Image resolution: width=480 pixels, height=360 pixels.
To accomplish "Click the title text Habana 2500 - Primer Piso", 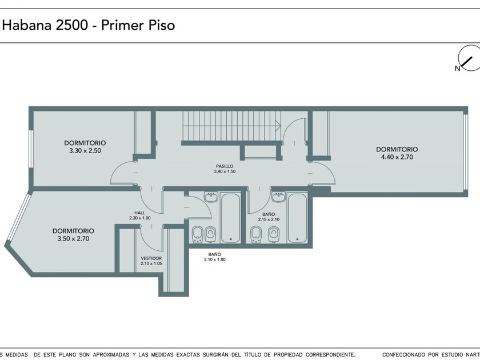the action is [89, 25].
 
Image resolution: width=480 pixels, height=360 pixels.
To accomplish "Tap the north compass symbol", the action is [469, 58].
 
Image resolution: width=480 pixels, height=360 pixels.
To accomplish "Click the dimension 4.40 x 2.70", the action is [397, 157].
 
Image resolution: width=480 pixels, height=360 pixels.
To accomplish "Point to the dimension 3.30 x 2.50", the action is [85, 151].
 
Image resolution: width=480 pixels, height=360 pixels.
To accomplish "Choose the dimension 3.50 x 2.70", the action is [74, 239].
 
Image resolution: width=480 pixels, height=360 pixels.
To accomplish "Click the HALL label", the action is [140, 213].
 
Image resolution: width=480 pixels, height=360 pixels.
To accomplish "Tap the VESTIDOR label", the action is [151, 258].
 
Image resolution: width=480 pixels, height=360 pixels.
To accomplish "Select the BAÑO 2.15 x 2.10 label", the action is [269, 217].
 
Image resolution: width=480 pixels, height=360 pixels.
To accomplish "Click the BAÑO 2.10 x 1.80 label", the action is [215, 257].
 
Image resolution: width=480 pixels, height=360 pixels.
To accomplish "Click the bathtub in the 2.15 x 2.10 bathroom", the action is [297, 217].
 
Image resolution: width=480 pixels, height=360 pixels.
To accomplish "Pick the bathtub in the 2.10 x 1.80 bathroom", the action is [231, 217].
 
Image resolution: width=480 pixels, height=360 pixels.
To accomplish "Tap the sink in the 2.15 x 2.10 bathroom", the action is [279, 197].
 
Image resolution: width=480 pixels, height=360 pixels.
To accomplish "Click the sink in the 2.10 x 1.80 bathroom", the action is [211, 197].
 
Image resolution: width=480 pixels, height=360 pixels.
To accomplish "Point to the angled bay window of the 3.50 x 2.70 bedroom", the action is [18, 217].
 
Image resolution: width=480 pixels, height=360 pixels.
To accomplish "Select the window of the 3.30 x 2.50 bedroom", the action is [31, 149].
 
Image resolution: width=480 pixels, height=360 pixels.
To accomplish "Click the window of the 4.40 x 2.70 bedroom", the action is [465, 152].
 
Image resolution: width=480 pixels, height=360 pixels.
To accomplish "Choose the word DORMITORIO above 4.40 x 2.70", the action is [397, 149].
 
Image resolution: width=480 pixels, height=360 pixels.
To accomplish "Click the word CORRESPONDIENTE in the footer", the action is [330, 354].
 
